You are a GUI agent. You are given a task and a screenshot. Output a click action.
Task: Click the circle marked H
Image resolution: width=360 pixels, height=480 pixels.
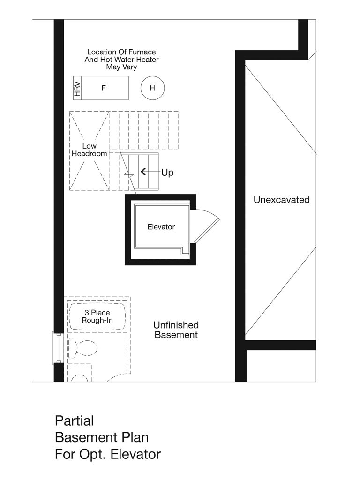(152, 88)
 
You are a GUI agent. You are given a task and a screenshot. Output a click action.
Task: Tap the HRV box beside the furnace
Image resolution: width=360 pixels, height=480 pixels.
(77, 88)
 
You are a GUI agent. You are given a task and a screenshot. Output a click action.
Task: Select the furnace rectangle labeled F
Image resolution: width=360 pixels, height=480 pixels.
(105, 88)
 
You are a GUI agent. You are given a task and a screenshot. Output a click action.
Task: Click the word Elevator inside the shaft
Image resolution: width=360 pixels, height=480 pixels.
(161, 227)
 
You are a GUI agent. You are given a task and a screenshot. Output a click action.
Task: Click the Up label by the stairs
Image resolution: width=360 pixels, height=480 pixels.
(167, 172)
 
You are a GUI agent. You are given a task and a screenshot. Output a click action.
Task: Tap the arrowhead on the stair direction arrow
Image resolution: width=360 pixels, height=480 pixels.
(143, 172)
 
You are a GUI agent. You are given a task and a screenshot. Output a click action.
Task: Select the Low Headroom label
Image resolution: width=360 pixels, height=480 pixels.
(89, 150)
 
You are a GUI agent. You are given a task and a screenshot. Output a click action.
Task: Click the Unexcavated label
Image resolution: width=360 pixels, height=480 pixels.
(282, 200)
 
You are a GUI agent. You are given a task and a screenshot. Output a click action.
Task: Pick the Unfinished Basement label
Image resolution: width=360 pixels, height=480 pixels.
(176, 330)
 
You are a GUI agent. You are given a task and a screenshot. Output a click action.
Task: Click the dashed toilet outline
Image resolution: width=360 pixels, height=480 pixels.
(82, 348)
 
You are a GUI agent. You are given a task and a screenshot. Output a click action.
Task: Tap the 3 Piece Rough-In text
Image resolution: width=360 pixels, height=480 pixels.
(97, 316)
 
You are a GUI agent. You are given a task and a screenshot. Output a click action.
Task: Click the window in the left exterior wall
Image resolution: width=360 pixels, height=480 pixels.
(57, 348)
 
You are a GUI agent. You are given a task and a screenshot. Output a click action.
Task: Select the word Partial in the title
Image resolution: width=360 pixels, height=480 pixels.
(75, 421)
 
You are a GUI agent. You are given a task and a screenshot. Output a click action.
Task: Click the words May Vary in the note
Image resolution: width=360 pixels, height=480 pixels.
(121, 67)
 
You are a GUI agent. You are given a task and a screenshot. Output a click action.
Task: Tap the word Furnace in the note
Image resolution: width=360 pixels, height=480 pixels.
(142, 52)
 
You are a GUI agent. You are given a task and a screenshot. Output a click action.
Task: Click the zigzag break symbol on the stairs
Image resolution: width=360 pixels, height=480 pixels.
(128, 174)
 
